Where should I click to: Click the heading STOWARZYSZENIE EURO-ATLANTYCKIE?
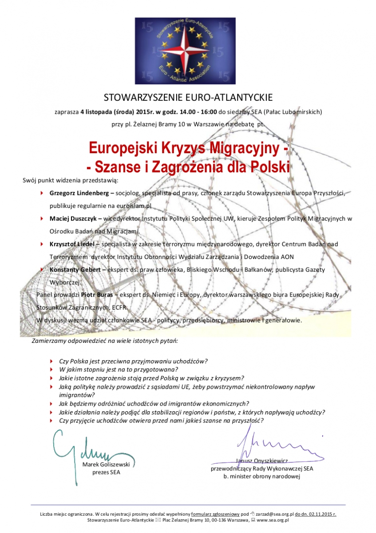[188, 97]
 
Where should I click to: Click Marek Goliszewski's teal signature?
[80, 446]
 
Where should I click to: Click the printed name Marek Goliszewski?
[106, 465]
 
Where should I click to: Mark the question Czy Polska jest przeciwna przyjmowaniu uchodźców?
[133, 362]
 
